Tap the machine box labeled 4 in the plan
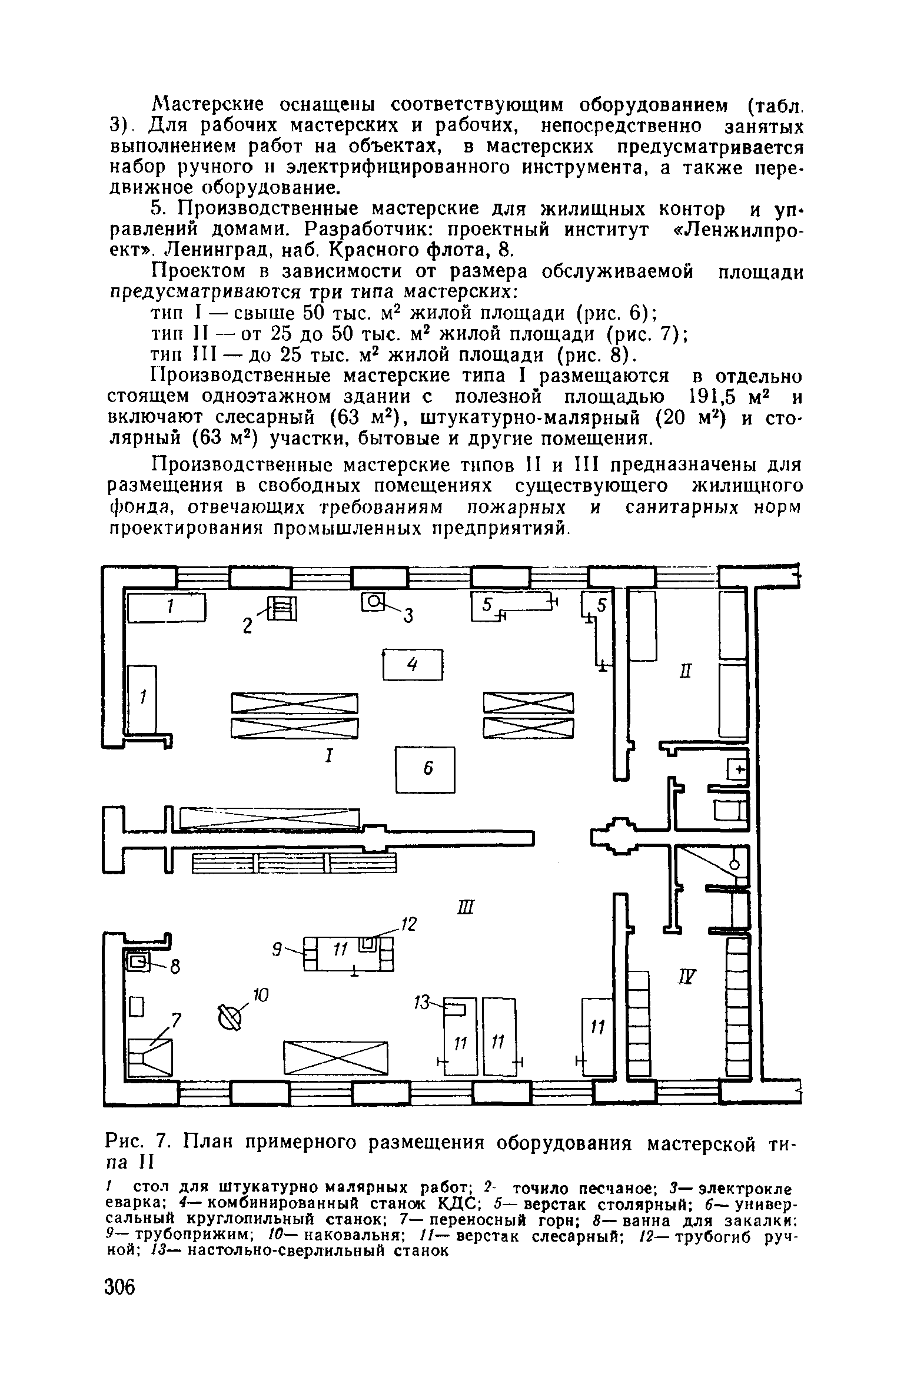tap(412, 664)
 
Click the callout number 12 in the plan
tap(408, 925)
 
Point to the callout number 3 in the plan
tap(408, 616)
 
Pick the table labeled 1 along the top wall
tap(167, 607)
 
